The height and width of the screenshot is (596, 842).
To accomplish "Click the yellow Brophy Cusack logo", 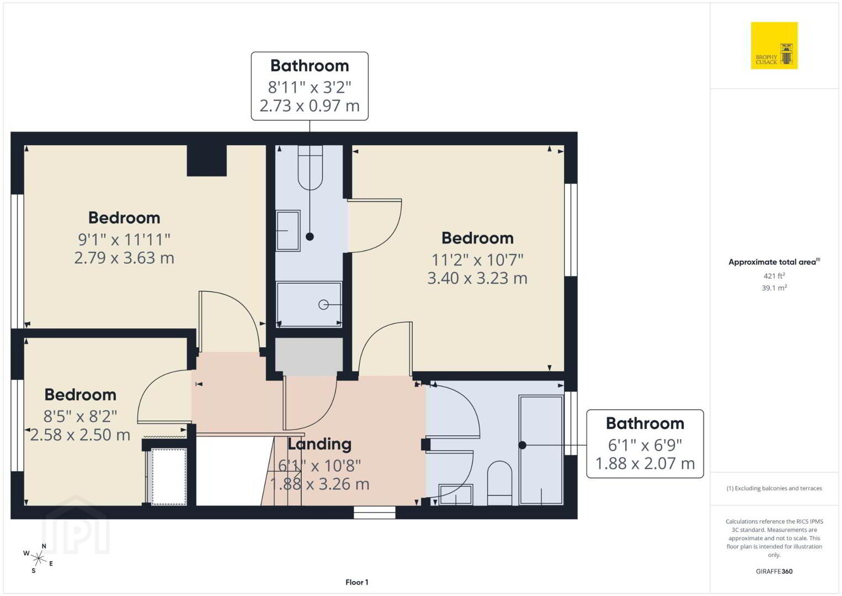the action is pyautogui.click(x=774, y=45).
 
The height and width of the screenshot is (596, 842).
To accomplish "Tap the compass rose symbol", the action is pyautogui.click(x=38, y=558).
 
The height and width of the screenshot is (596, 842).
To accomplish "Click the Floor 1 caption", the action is pyautogui.click(x=357, y=582).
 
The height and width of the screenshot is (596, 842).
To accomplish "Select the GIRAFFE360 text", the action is pyautogui.click(x=774, y=572).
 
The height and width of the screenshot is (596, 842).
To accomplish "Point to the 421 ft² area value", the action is pyautogui.click(x=774, y=275).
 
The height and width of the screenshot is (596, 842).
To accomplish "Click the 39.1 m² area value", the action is pyautogui.click(x=774, y=288).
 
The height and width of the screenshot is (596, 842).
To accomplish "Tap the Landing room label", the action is pyautogui.click(x=319, y=444).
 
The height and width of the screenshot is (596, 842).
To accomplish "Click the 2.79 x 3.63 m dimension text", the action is pyautogui.click(x=124, y=258).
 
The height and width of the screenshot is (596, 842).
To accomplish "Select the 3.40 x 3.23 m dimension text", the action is pyautogui.click(x=477, y=278).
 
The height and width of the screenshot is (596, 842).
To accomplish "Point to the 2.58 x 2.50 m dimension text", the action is pyautogui.click(x=80, y=435).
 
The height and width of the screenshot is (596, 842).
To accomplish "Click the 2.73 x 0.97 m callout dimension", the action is pyautogui.click(x=310, y=105).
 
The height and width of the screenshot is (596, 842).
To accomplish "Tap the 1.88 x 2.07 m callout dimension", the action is pyautogui.click(x=645, y=463).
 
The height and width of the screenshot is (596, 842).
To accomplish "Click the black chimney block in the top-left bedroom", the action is pyautogui.click(x=207, y=161).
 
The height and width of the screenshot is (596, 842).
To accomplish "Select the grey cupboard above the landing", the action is pyautogui.click(x=309, y=357).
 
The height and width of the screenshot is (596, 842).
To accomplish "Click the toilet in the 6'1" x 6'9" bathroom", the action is pyautogui.click(x=499, y=483).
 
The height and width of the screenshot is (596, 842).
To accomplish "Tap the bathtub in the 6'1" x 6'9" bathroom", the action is pyautogui.click(x=541, y=450).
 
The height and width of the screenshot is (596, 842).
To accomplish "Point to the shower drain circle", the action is pyautogui.click(x=323, y=305).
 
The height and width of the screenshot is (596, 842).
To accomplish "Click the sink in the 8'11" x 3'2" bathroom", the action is pyautogui.click(x=288, y=231).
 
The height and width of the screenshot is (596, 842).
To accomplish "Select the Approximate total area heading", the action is pyautogui.click(x=774, y=262).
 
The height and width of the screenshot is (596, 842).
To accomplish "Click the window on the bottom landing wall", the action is pyautogui.click(x=375, y=513).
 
